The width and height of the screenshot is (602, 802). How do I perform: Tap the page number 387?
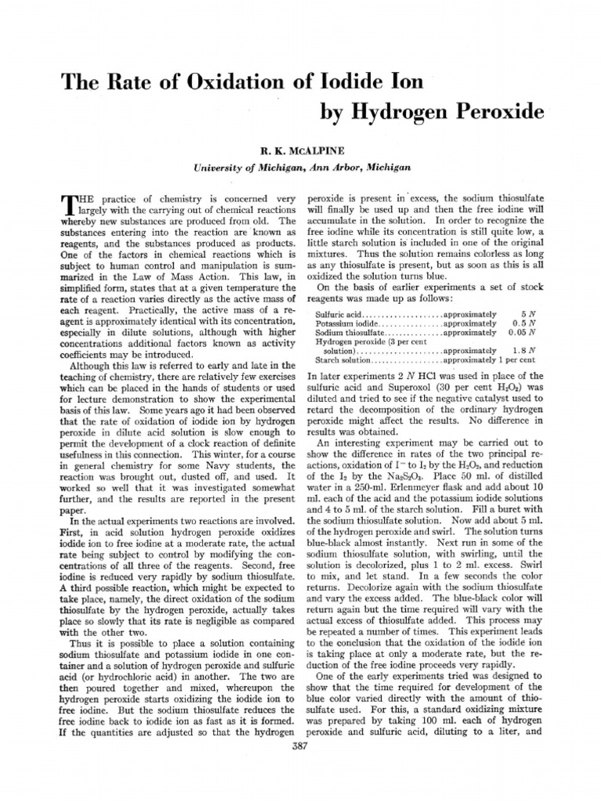pos(301,746)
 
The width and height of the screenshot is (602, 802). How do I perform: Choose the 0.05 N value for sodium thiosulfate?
pos(521,332)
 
